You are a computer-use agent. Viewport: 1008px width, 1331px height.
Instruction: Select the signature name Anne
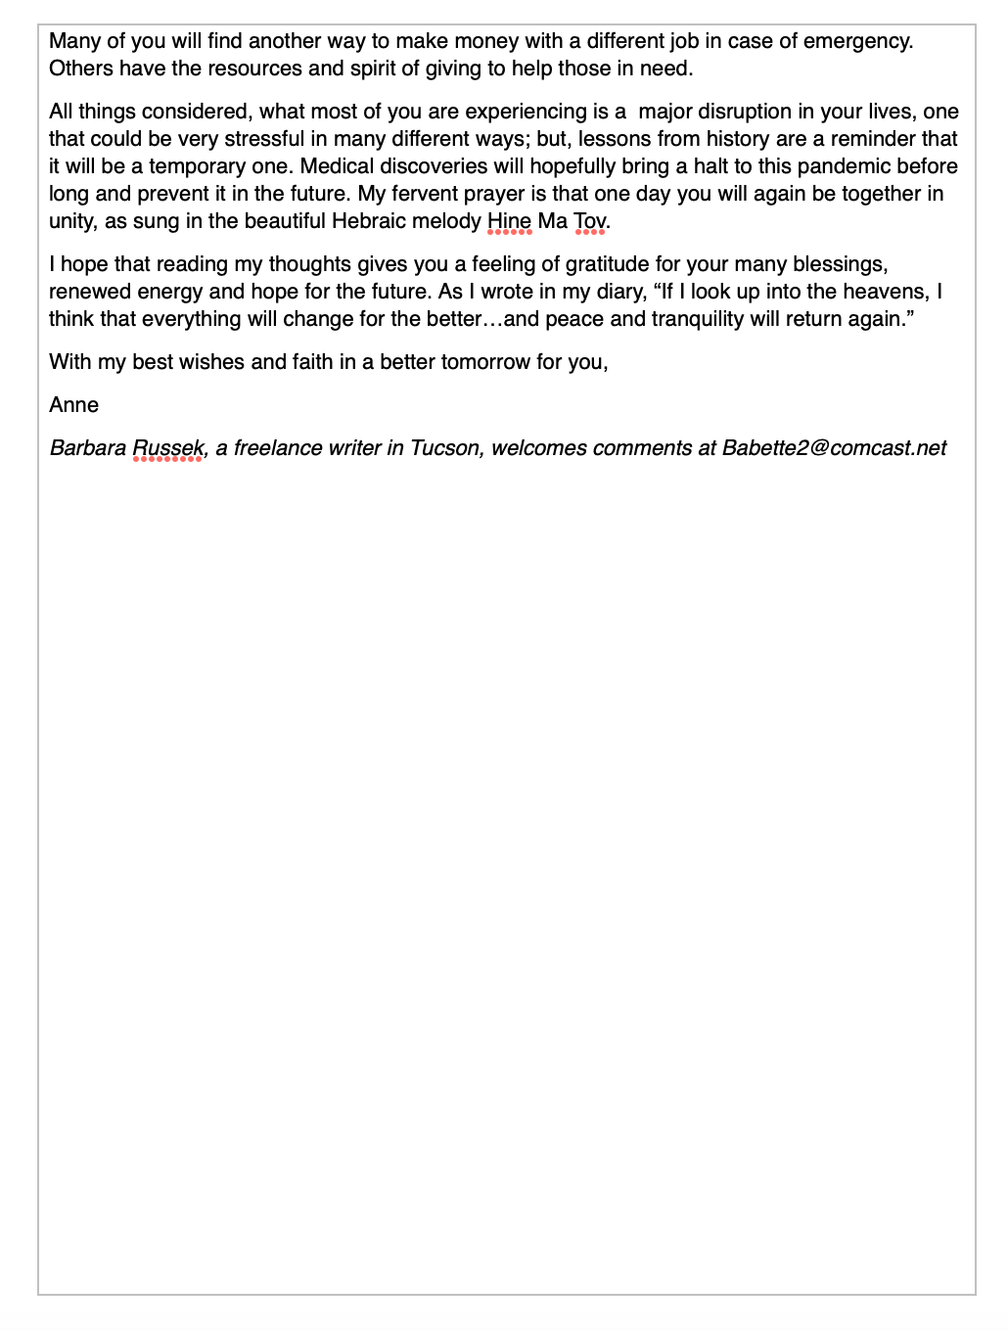pos(74,405)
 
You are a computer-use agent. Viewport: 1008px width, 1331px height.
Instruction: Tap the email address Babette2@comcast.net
pos(834,448)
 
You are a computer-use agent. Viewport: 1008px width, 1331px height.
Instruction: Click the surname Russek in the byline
pos(168,448)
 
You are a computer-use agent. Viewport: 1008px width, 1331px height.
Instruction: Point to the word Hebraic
pos(368,221)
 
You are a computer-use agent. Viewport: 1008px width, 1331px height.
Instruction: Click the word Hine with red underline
pos(509,221)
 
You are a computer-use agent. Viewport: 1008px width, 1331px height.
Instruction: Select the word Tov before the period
pos(589,221)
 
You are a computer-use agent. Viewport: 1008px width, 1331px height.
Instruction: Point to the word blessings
pos(842,264)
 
